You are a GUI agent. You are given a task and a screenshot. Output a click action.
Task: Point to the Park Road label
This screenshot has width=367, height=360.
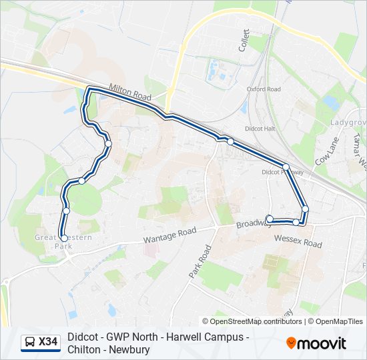tap(200, 262)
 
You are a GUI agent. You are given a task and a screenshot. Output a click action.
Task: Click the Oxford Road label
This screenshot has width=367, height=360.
tap(264, 89)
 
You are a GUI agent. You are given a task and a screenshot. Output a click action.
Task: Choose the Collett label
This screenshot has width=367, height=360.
tap(244, 40)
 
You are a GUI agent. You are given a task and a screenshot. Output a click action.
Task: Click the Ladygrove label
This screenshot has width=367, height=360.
tap(348, 123)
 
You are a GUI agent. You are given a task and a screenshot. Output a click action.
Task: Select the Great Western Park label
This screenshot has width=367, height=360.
tap(55, 241)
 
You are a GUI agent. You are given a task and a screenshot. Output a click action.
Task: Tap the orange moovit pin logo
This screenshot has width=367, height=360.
tap(292, 343)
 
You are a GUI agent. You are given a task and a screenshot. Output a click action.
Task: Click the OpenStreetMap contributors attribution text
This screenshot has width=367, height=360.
tap(256, 321)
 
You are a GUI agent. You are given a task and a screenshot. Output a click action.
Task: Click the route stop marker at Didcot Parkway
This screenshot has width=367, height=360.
tap(286, 167)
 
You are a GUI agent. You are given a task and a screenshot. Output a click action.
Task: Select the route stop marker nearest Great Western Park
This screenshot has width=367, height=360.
tap(63, 238)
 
